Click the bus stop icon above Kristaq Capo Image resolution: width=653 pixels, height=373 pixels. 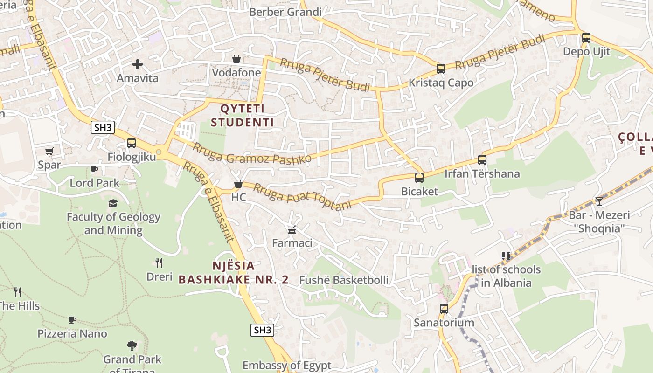(x=440, y=69)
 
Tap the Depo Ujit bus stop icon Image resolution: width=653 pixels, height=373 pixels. (x=586, y=38)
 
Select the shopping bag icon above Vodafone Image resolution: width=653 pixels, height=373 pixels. (x=236, y=59)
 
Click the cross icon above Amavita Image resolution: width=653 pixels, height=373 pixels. (x=137, y=64)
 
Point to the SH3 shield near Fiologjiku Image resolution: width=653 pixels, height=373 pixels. (x=103, y=128)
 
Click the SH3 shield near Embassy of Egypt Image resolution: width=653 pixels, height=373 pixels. (x=262, y=330)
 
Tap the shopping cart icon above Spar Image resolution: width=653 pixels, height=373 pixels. (x=49, y=151)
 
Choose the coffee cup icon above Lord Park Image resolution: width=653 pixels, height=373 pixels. (x=94, y=169)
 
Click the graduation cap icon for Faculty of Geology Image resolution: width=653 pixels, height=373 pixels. (x=113, y=203)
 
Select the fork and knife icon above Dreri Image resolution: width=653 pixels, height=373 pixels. (x=159, y=263)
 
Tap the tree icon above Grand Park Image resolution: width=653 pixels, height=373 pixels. (x=132, y=346)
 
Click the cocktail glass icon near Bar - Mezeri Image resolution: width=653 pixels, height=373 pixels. (x=599, y=201)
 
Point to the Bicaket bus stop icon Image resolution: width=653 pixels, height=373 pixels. (x=419, y=178)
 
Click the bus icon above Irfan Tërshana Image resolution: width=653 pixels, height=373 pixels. (x=482, y=160)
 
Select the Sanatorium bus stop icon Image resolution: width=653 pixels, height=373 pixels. (x=444, y=309)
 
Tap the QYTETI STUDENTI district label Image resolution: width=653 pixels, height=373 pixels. (x=242, y=116)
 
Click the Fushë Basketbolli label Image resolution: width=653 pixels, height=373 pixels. (x=344, y=280)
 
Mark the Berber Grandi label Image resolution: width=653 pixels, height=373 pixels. (x=285, y=12)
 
